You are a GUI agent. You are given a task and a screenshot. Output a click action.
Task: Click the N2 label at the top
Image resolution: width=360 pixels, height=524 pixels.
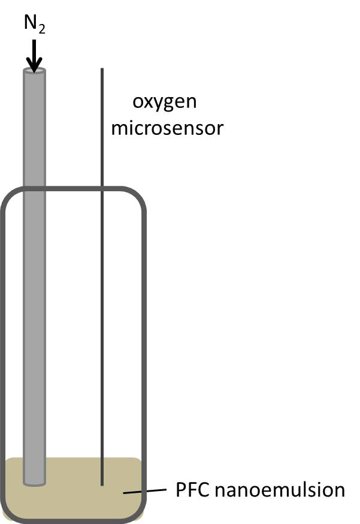click(34, 23)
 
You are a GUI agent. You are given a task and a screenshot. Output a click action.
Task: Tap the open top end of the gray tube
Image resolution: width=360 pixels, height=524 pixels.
click(34, 71)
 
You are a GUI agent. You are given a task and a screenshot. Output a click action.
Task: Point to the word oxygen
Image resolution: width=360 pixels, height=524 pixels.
click(164, 102)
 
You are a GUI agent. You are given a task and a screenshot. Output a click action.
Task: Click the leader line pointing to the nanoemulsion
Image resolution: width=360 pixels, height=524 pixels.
click(144, 492)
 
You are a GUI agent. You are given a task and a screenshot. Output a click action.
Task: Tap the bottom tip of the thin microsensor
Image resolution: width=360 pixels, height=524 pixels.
click(102, 484)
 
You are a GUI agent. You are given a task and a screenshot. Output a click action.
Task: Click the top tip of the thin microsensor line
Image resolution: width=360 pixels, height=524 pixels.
click(102, 70)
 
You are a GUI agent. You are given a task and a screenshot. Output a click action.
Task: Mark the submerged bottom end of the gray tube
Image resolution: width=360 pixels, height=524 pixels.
click(34, 481)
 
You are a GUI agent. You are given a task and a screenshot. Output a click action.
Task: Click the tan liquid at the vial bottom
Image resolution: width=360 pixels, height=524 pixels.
click(72, 501)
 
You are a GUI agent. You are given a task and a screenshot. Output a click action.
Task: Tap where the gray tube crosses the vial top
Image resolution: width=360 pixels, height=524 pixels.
click(34, 190)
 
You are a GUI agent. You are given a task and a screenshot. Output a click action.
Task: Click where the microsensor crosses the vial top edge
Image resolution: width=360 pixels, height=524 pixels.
click(102, 189)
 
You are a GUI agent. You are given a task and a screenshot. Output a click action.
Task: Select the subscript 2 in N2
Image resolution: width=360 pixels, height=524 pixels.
click(42, 29)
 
